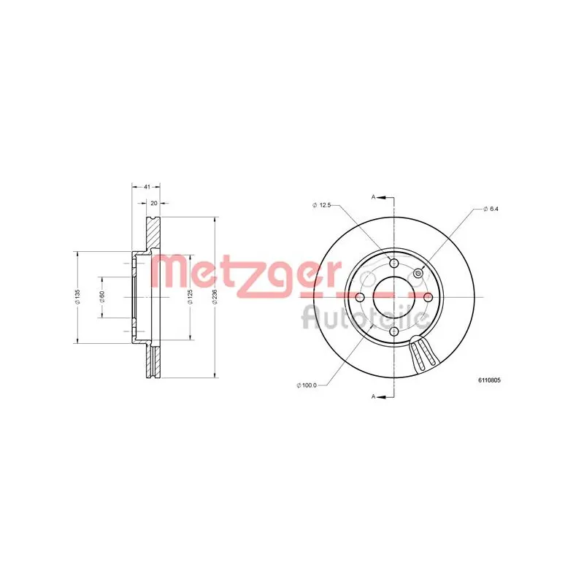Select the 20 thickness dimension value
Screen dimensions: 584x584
[x=154, y=204]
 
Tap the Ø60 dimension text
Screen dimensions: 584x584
[x=102, y=297]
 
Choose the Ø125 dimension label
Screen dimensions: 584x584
[x=190, y=297]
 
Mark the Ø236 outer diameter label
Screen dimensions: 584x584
[x=215, y=297]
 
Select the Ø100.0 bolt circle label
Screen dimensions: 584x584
[x=307, y=385]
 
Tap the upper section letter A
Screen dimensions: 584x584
[x=374, y=197]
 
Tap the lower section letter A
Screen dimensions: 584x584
[x=374, y=396]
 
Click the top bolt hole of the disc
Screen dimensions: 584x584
[x=394, y=264]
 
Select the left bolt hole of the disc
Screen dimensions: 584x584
[x=360, y=297]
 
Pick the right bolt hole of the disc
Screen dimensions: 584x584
[x=429, y=297]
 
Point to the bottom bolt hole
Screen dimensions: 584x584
[x=394, y=331]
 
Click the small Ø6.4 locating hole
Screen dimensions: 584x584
[x=418, y=273]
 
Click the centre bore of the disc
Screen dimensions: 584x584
[x=394, y=297]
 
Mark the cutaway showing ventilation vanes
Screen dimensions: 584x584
[x=423, y=356]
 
